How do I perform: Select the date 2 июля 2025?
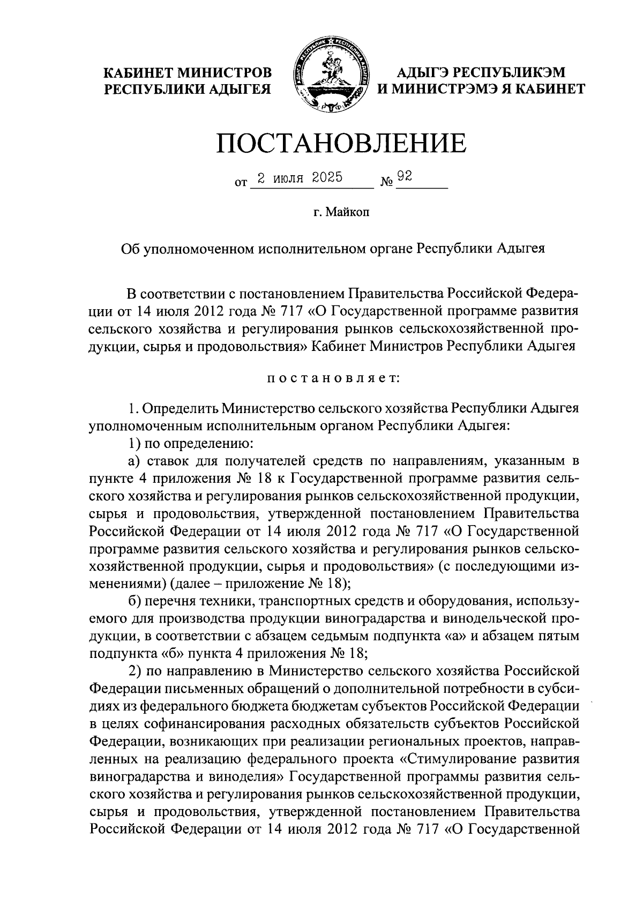(x=300, y=178)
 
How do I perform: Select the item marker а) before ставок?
(x=133, y=460)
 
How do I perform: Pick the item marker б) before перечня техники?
(x=134, y=598)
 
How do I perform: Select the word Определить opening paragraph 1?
(x=180, y=409)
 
